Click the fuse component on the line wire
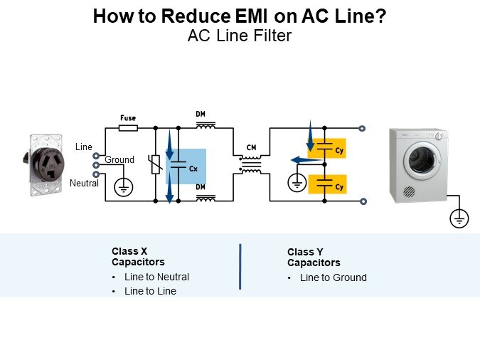tap(129, 128)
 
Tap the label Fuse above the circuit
tap(128, 117)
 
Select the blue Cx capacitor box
tap(186, 166)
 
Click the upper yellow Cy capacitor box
tap(328, 148)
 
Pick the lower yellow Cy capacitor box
tap(328, 184)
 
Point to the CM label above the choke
tap(251, 147)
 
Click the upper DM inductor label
tap(201, 114)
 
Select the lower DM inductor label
tap(201, 186)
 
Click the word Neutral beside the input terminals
tap(84, 184)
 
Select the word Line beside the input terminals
tap(84, 147)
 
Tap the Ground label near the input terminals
tap(119, 160)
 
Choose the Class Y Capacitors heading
tap(314, 258)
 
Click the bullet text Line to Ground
tap(333, 277)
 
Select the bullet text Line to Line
tap(150, 291)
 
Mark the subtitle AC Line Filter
tap(240, 36)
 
